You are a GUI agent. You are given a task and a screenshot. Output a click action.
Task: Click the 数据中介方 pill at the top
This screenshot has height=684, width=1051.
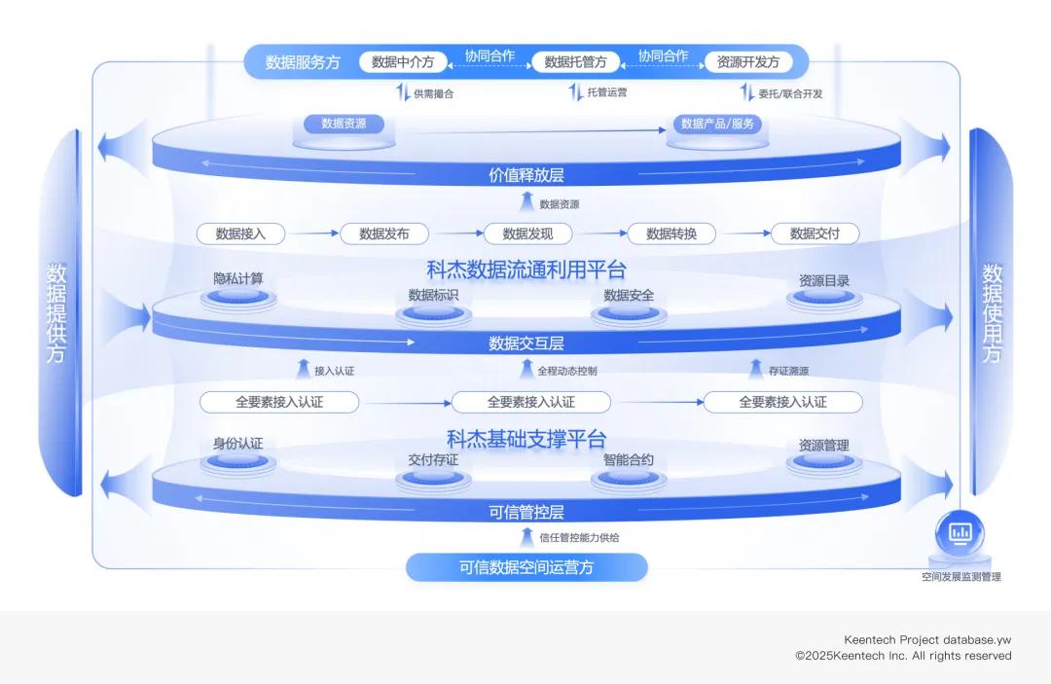pos(403,62)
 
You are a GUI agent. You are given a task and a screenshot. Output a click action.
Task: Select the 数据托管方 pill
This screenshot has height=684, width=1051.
pos(575,62)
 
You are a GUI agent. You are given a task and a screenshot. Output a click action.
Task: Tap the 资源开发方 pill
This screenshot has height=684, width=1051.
pos(747,62)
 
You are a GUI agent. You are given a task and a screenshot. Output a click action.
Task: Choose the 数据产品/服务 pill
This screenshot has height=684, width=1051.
pos(717,125)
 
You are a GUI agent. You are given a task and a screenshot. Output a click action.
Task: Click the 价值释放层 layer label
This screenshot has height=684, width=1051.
pos(525,175)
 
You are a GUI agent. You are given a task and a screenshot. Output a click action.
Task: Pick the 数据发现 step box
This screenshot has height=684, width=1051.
pos(527,234)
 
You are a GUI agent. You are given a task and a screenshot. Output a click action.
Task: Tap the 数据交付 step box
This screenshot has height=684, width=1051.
pos(815,234)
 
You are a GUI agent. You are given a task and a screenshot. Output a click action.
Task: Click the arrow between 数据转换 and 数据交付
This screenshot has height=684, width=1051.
pos(743,234)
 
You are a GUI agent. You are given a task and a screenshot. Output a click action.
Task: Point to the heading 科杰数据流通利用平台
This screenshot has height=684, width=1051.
pos(525,269)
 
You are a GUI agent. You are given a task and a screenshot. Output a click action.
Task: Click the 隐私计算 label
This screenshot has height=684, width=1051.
pos(238,279)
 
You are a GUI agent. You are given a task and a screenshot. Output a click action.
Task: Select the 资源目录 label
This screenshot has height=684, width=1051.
pos(823,280)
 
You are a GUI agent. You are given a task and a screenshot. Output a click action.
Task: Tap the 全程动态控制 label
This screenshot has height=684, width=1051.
pos(567,371)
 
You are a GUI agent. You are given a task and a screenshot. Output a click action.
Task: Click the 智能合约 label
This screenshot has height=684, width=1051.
pos(628,459)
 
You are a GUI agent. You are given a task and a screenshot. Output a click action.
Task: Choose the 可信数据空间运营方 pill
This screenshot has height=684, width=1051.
pos(525,567)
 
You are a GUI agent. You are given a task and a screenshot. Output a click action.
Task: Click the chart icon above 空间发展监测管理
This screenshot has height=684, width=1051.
pos(960,532)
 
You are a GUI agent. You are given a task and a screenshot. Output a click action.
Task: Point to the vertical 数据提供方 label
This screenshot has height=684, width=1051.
pos(55,313)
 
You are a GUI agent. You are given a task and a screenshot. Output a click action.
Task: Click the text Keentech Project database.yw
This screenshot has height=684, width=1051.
pos(927,639)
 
